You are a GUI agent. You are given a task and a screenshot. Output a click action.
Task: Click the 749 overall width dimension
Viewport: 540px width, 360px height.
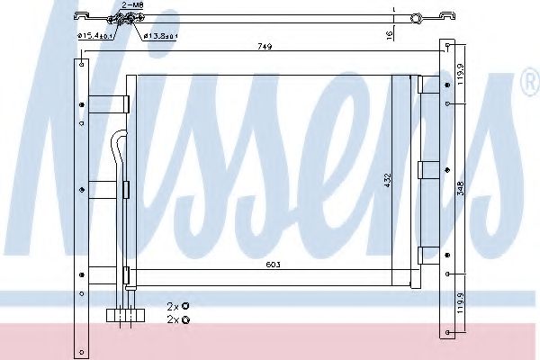click(x=264, y=46)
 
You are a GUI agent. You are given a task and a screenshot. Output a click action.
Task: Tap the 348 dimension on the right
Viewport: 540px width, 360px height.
click(x=461, y=189)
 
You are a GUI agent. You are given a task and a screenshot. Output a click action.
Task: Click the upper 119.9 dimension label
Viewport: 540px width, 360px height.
click(x=461, y=72)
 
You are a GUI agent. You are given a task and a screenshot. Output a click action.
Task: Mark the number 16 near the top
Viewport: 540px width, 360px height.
click(x=389, y=34)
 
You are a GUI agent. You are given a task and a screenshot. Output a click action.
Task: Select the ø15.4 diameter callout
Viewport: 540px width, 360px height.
click(x=94, y=35)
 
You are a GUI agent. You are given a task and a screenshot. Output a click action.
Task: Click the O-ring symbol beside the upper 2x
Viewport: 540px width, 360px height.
click(x=185, y=307)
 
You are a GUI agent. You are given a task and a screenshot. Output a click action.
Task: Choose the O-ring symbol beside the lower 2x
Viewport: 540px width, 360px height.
click(x=185, y=319)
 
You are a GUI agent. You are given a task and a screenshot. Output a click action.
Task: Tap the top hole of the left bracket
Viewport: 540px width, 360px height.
click(x=83, y=64)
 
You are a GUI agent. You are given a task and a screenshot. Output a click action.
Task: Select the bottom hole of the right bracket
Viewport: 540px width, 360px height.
click(x=447, y=335)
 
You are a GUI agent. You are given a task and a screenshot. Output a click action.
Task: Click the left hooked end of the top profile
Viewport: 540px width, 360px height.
click(x=80, y=15)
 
